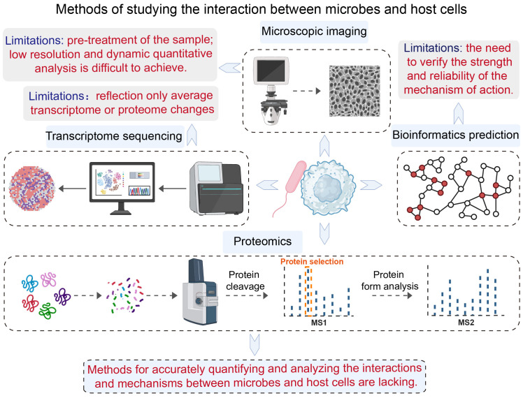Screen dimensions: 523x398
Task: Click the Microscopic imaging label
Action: [x=314, y=31]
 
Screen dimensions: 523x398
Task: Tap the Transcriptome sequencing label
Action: [x=115, y=136]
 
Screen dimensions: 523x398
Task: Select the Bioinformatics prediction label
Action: [x=455, y=135]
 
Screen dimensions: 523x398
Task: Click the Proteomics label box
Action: [x=262, y=241]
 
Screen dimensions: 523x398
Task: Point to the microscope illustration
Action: [x=271, y=91]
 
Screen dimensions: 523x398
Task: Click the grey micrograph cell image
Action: [x=354, y=91]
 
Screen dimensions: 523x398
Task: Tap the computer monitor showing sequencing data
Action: [x=122, y=188]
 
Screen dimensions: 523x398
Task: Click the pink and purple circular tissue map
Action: [x=32, y=188]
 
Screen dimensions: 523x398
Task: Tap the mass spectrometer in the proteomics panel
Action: [x=199, y=291]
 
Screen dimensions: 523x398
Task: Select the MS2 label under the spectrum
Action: [x=466, y=323]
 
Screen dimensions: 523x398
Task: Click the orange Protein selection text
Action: [x=312, y=261]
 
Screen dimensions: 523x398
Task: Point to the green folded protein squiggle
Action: [x=48, y=311]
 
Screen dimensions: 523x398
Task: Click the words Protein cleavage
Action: [x=245, y=281]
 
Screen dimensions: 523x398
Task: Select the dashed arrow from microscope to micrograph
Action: [x=306, y=91]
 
